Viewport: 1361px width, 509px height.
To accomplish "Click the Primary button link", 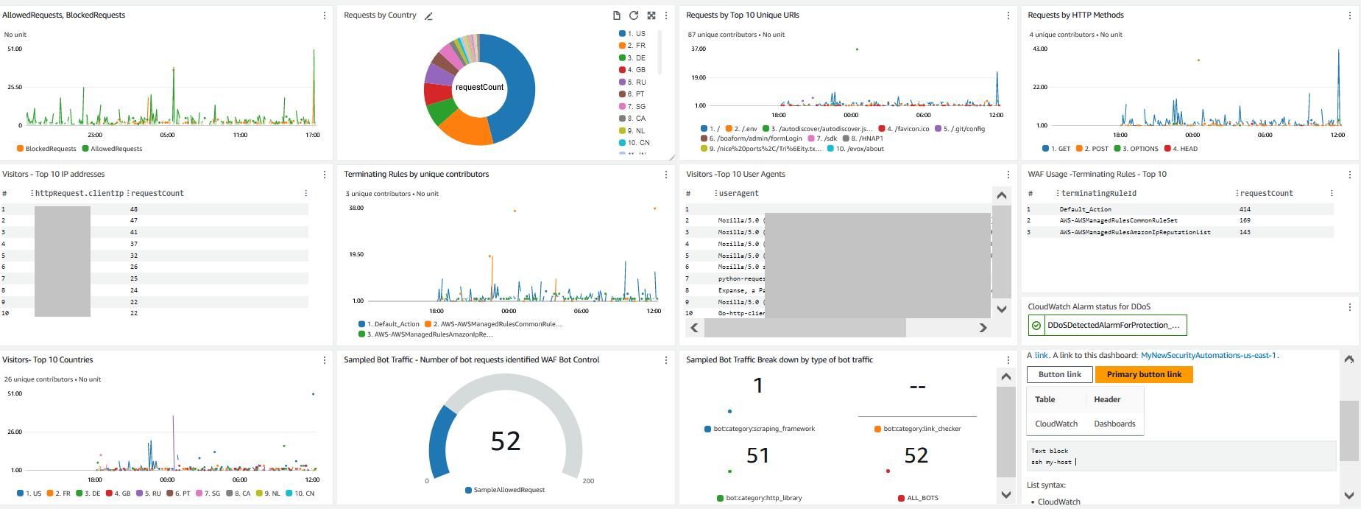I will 1143,375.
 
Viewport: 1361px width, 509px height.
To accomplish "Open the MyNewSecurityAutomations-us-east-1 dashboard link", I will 1208,356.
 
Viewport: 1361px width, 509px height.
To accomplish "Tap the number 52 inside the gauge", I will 506,441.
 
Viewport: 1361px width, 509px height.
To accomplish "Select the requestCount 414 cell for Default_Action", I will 1245,209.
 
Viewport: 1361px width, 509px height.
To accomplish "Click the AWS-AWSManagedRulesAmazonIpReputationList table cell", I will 1134,232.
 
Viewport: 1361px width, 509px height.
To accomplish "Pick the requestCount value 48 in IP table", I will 134,209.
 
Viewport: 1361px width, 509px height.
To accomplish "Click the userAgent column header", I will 738,194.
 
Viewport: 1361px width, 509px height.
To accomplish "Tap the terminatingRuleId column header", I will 1098,194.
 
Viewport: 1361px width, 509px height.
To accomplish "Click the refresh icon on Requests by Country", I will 634,15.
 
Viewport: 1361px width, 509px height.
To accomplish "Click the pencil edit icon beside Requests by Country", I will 428,15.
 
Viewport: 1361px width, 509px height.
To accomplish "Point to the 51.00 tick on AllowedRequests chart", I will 15,49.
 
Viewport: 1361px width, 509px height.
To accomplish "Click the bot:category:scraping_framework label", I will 763,429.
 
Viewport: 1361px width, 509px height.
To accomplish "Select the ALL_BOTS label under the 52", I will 922,498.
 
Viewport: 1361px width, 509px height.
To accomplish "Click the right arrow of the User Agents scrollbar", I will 983,328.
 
